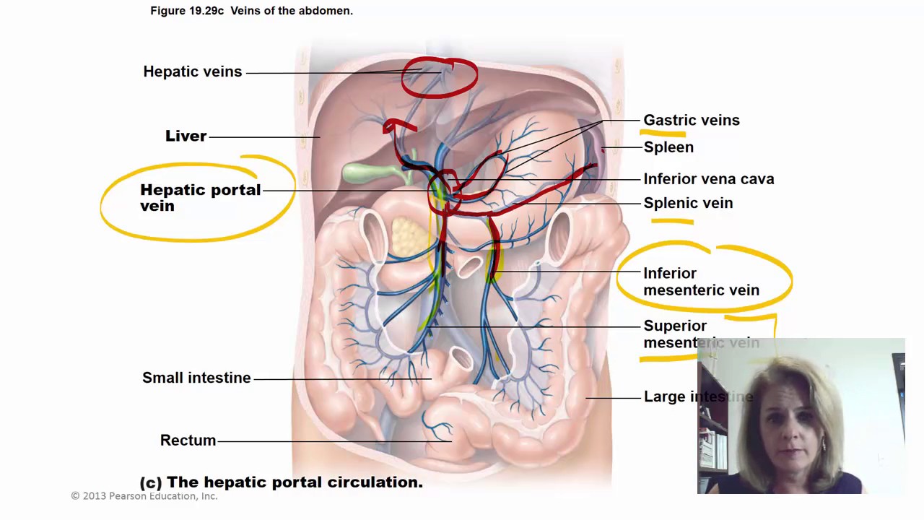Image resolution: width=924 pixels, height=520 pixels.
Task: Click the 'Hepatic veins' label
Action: point(192,71)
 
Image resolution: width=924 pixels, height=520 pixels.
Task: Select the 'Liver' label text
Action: point(186,136)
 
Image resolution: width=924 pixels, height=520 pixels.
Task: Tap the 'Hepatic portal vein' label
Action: point(199,197)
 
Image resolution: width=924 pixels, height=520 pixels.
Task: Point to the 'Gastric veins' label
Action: point(691,120)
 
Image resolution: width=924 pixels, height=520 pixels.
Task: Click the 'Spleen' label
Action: point(668,147)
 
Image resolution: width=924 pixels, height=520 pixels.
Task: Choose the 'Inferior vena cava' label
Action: point(708,179)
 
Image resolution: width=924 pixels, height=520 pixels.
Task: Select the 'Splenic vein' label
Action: point(688,203)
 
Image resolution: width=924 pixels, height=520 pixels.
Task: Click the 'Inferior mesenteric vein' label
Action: point(700,282)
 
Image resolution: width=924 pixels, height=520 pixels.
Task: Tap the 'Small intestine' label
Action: point(196,378)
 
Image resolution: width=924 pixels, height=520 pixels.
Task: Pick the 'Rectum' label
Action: point(188,441)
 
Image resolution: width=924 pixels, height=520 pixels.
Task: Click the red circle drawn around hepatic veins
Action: point(440,77)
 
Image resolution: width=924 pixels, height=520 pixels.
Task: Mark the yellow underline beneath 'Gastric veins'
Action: point(663,133)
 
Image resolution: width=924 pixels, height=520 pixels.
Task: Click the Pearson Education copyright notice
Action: point(144,496)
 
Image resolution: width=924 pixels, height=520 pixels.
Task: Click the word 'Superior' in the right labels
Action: point(675,326)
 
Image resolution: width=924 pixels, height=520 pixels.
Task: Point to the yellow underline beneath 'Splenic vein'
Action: point(671,222)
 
